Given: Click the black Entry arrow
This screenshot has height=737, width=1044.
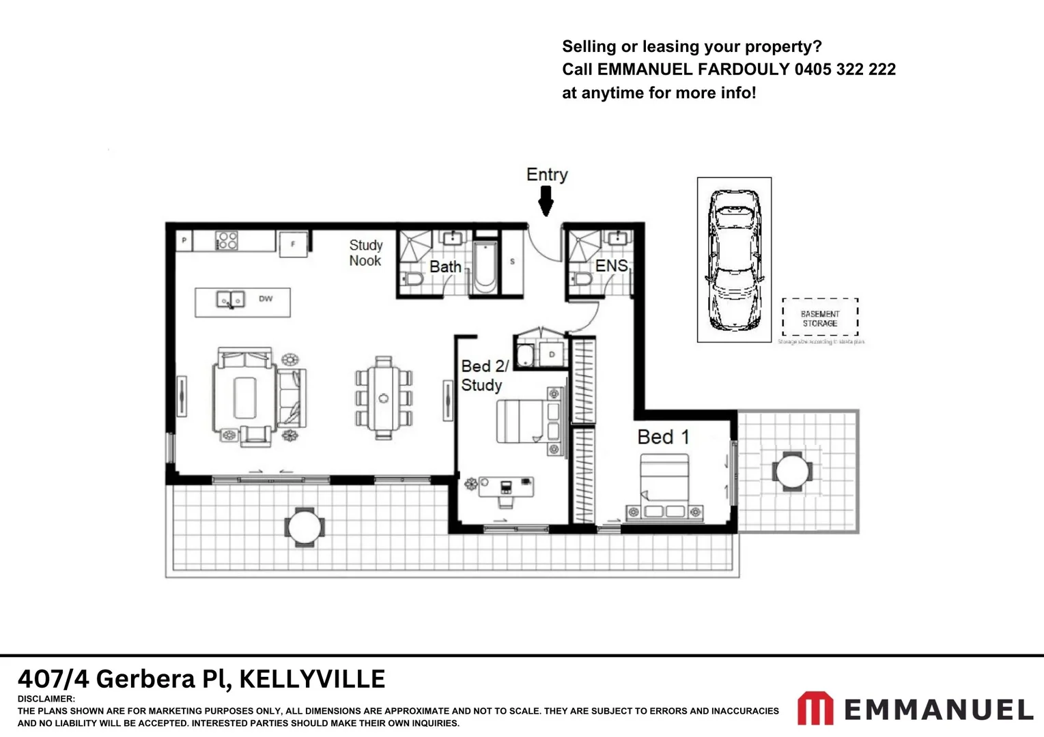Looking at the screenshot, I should (546, 201).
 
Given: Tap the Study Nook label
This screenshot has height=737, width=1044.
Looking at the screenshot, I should (365, 252).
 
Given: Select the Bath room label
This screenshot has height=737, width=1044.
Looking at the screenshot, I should (445, 267).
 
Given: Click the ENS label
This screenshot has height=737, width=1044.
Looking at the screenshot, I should (611, 265).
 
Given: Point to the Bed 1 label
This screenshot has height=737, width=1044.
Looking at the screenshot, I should (662, 437).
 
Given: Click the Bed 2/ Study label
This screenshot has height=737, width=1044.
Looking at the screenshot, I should (483, 375).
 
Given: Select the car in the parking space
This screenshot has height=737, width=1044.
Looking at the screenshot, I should (733, 259).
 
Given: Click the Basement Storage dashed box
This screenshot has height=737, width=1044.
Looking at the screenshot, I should (819, 318).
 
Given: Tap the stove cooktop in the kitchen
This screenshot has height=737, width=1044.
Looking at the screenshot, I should (227, 240).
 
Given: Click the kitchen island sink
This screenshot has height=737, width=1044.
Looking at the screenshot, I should (230, 299).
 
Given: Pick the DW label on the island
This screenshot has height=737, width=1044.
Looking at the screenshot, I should (266, 299).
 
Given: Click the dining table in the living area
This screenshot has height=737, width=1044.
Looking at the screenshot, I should (384, 398).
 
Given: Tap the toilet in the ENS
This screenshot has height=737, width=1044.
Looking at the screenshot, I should (582, 279).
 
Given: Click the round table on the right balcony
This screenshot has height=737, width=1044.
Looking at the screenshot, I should (792, 472).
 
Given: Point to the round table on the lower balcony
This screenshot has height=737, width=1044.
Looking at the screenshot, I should (305, 527).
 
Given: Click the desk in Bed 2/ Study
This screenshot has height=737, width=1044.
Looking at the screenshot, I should (506, 487).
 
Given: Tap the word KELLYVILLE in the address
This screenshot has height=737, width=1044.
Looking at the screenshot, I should (312, 679).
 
